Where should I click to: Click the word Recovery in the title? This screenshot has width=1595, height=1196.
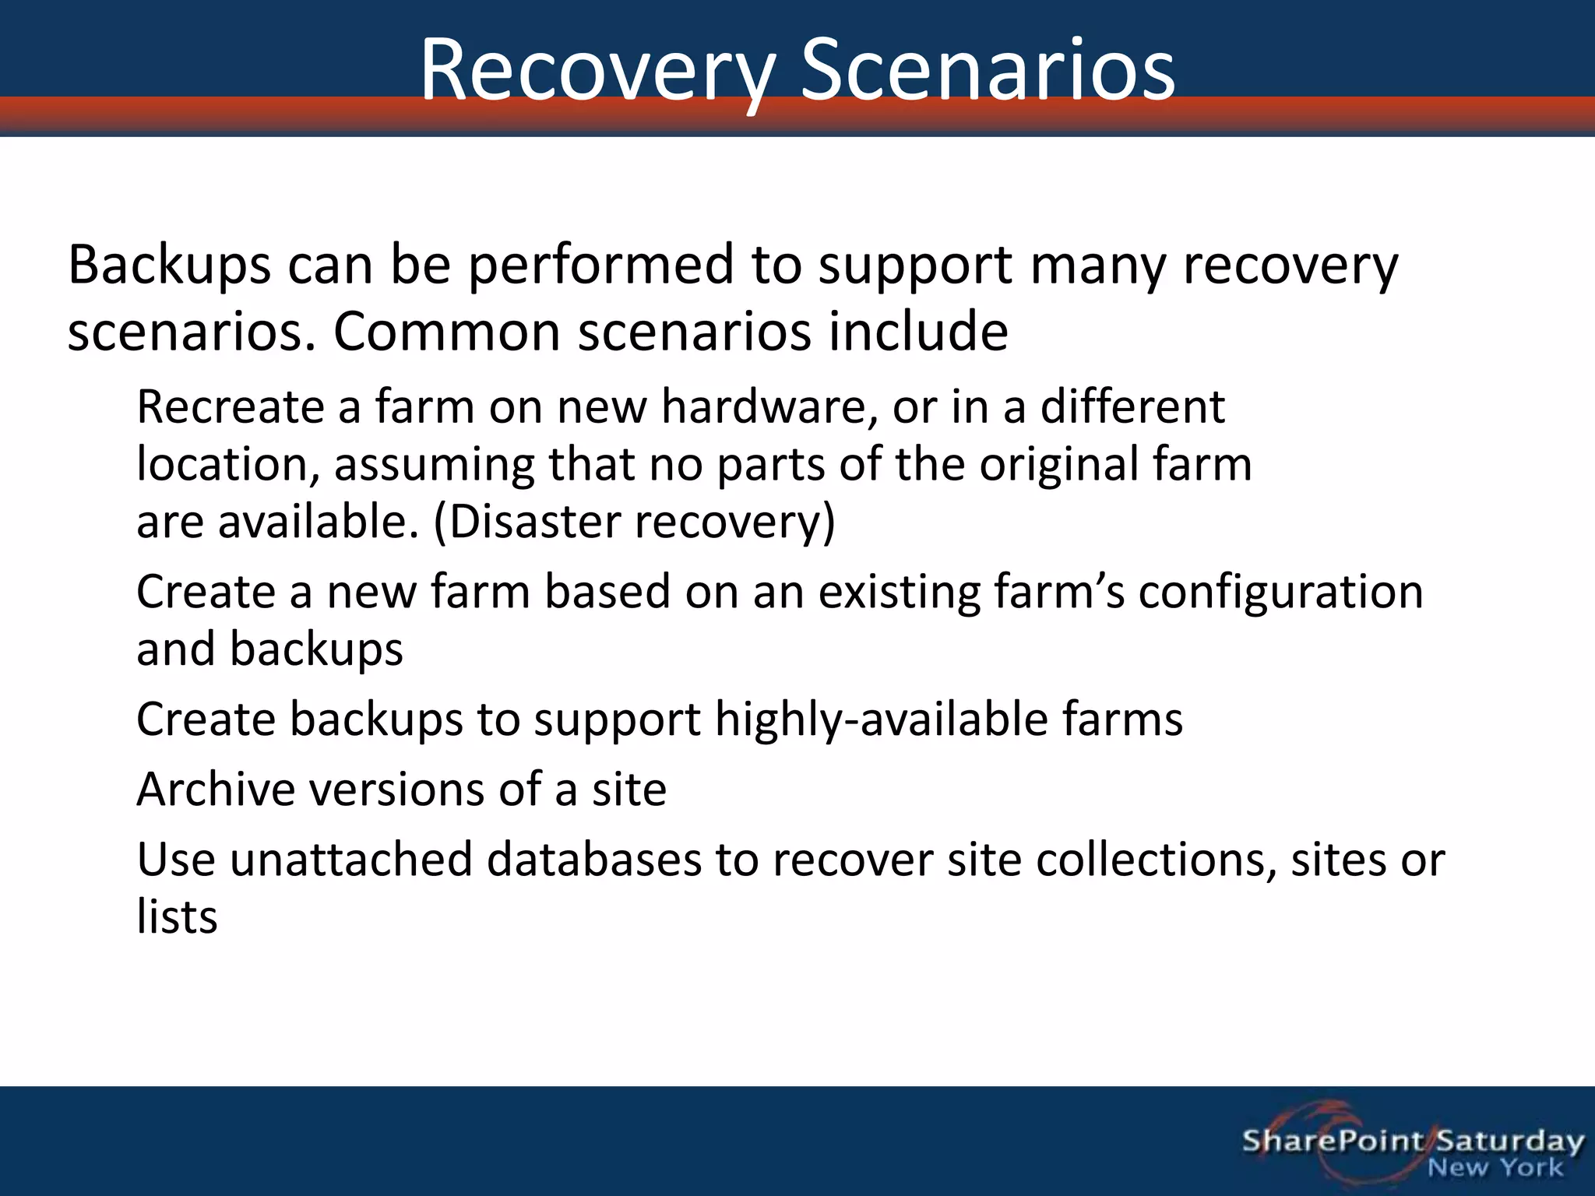click(597, 72)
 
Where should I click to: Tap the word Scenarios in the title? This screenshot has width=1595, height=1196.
click(988, 72)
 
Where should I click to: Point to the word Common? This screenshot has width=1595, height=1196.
click(447, 332)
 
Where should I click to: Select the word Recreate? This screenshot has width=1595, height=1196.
click(230, 407)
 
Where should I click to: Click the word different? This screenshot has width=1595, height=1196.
click(1132, 407)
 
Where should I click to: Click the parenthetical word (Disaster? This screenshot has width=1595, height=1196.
click(526, 522)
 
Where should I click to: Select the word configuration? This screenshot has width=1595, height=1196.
click(1280, 593)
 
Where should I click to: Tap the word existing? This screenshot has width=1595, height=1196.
click(898, 593)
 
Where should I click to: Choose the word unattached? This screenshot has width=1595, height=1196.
click(350, 860)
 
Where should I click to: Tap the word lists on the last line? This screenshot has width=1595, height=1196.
click(177, 917)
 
